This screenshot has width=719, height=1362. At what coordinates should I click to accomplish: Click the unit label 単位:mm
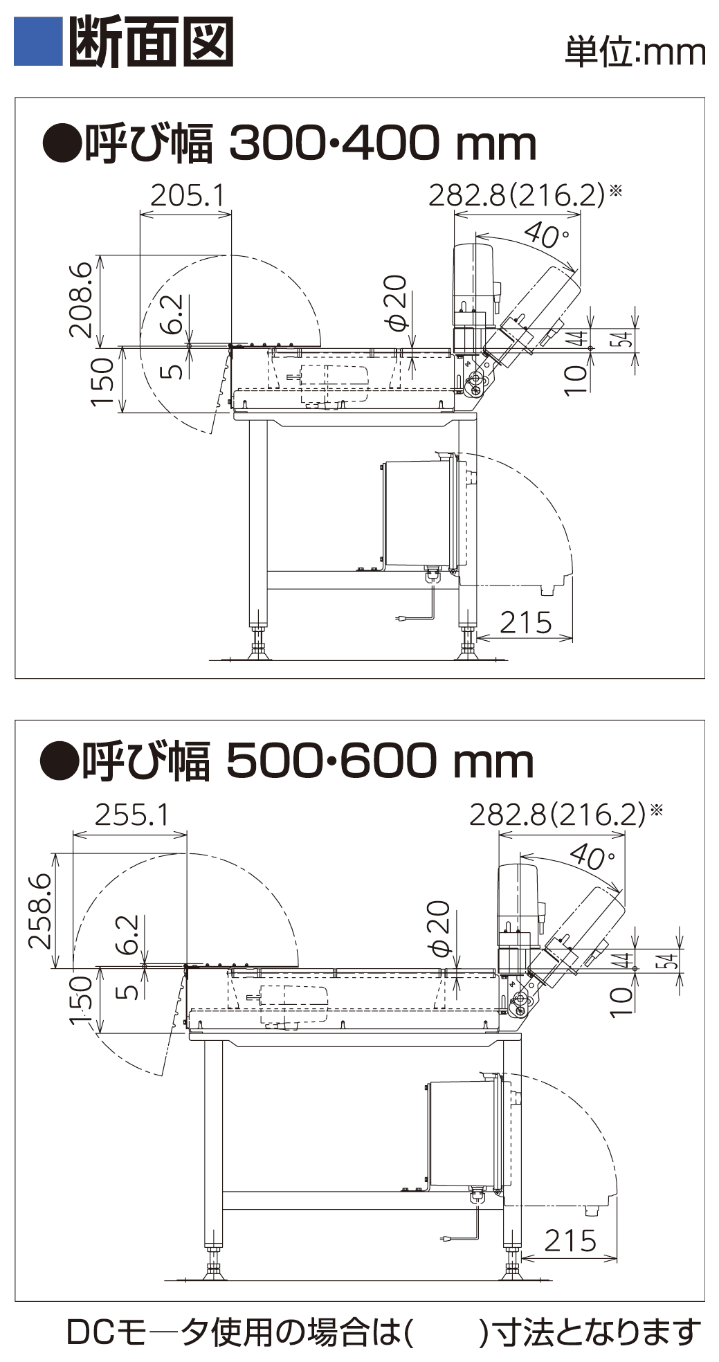[635, 52]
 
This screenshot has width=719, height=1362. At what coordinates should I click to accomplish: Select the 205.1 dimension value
[188, 196]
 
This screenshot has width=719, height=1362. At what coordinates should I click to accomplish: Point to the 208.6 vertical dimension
[80, 299]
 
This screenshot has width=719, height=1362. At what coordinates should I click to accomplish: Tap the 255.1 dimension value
[131, 815]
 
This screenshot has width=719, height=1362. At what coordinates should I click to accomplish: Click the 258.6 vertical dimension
[40, 911]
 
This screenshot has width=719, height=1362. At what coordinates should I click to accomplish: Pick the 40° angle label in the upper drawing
[546, 235]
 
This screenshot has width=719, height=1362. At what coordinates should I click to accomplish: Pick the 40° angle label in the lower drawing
[592, 857]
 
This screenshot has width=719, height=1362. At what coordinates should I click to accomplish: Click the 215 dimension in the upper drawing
[525, 622]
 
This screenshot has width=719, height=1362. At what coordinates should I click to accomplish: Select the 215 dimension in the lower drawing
[570, 1241]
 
